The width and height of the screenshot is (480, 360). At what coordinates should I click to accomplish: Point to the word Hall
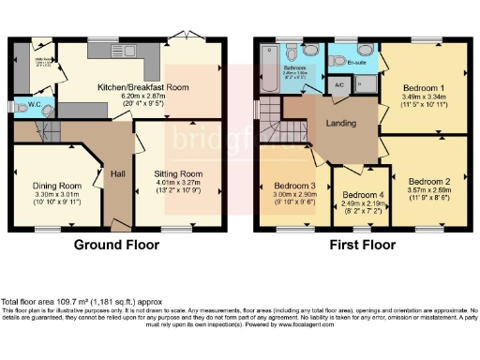pyautogui.click(x=117, y=174)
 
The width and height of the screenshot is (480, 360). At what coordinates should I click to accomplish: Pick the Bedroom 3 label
pyautogui.click(x=293, y=184)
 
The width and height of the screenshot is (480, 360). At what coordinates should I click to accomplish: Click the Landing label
pyautogui.click(x=340, y=123)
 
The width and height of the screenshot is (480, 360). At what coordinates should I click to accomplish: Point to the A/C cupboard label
pyautogui.click(x=339, y=84)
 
